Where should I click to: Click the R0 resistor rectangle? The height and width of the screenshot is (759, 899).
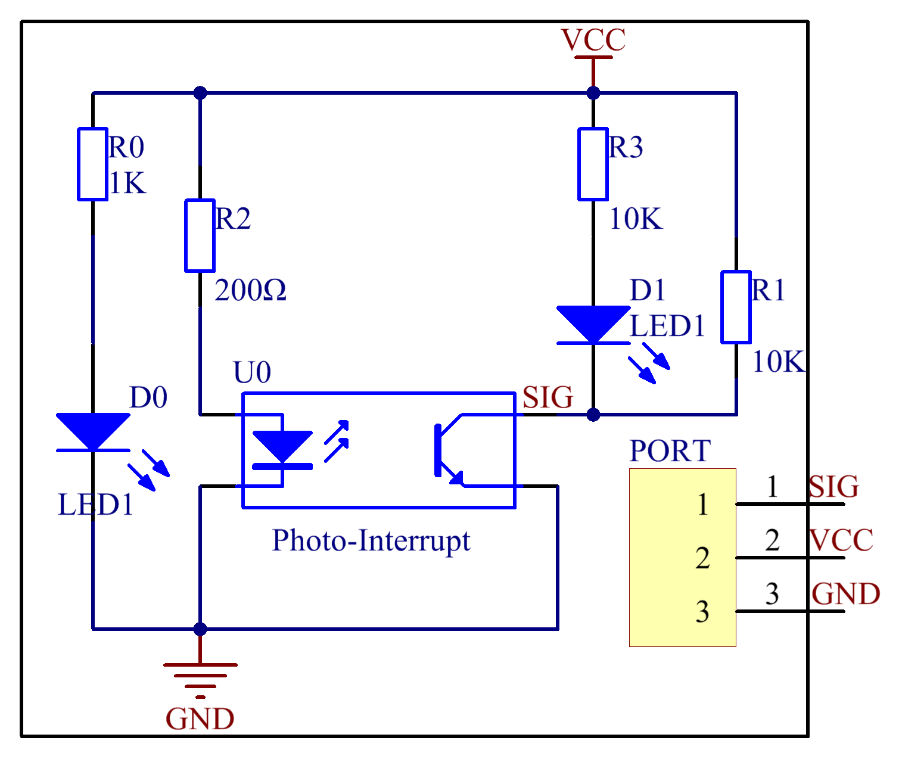[x=92, y=164]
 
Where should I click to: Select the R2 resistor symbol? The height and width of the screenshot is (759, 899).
[x=200, y=235]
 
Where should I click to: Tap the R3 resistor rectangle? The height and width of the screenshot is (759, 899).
[x=593, y=164]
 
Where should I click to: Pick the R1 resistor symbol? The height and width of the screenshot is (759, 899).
[x=736, y=307]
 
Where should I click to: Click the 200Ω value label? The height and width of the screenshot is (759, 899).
[x=250, y=291]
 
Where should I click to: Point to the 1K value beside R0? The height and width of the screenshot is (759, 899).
[x=127, y=183]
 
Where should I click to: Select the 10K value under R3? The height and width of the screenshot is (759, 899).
[x=635, y=219]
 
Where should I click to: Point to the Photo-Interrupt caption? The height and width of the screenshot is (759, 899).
[x=371, y=541]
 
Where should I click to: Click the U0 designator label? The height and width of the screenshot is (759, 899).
[x=251, y=373]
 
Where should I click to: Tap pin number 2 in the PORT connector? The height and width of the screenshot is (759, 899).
[x=702, y=558]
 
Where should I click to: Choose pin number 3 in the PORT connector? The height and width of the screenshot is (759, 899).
[x=702, y=612]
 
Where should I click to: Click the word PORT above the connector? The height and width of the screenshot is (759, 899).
[x=670, y=451]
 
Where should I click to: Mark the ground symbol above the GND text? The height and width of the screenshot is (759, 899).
[x=200, y=676]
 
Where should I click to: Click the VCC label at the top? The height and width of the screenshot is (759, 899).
[x=593, y=41]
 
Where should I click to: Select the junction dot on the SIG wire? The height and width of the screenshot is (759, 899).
[x=593, y=415]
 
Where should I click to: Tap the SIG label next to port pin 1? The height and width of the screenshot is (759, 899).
[x=833, y=487]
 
